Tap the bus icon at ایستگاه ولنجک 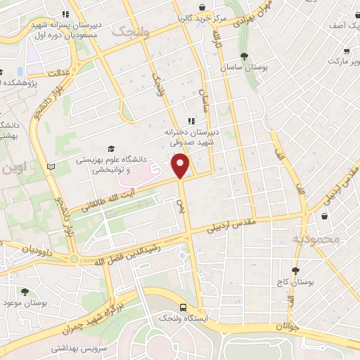click(183, 307)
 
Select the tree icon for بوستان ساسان click(243, 56)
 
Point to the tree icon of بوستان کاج click(295, 270)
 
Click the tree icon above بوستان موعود click(25, 291)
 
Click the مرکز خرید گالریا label click(202, 15)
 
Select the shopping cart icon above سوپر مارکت click(346, 51)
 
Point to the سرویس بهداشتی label click(103, 349)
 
